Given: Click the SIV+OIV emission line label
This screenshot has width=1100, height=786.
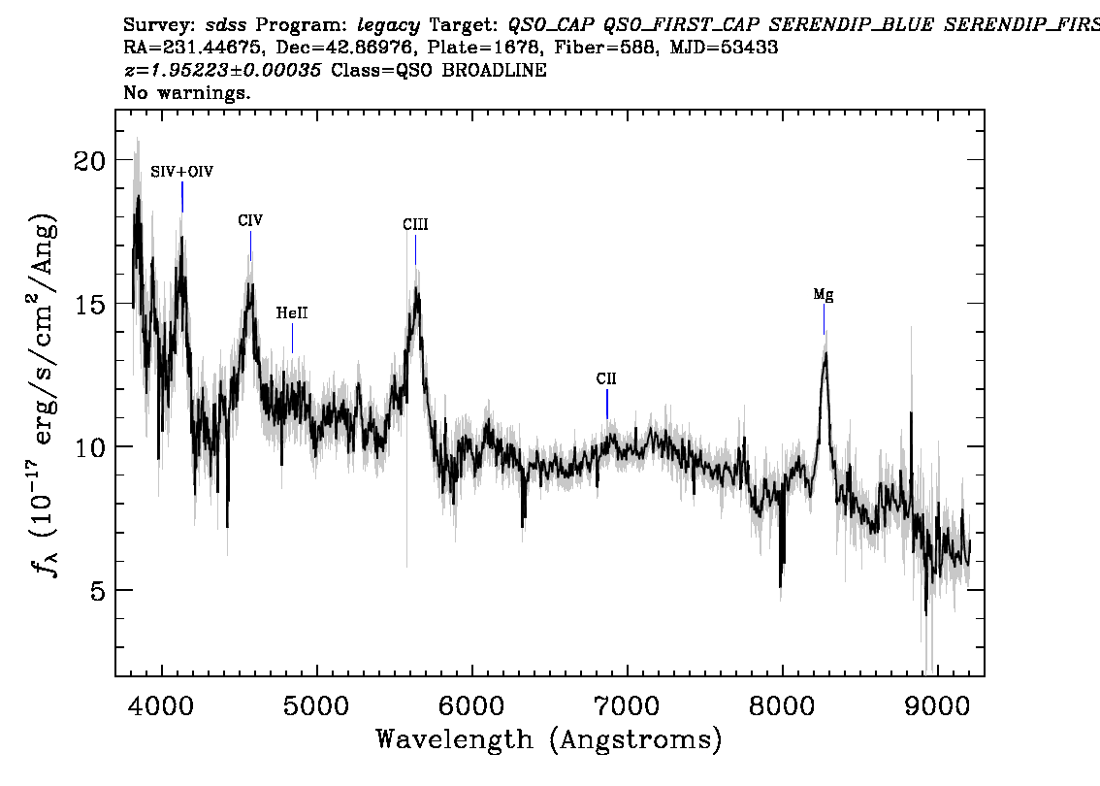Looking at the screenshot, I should pos(181,172).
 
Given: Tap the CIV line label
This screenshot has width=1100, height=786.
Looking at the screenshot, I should pos(250,221).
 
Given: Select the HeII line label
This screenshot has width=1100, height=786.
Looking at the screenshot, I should pos(292,313).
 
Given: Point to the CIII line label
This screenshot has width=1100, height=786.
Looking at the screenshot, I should pos(415,225).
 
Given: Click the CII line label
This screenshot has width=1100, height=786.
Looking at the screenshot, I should pos(606,379).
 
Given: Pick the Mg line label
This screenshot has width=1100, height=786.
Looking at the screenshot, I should pos(824,296).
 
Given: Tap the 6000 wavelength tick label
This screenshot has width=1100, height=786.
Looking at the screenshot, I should pos(471,705).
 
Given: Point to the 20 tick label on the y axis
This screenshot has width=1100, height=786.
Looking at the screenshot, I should pos(89,160).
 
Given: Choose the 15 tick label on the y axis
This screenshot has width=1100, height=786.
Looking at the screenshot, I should pos(89,304).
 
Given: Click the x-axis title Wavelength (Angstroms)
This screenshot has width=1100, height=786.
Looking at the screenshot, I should pos(549,739).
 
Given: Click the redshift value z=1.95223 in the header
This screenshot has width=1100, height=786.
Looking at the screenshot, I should pos(224,71).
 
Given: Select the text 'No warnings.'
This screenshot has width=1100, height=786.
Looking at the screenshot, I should pos(187,94).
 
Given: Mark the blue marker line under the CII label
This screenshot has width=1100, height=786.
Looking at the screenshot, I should pos(607,404).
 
